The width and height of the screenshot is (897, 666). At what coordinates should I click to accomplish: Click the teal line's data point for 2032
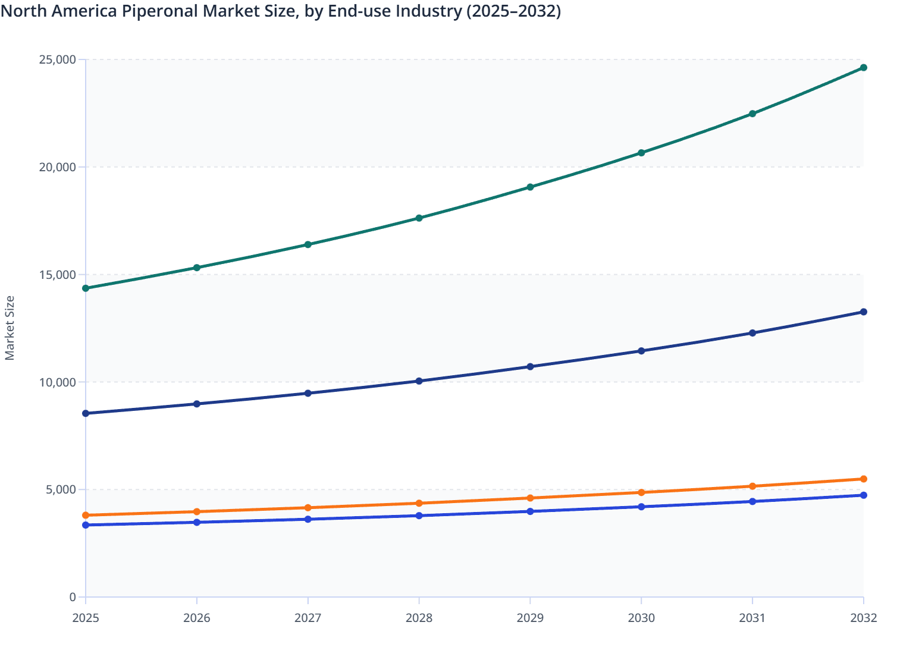(x=863, y=68)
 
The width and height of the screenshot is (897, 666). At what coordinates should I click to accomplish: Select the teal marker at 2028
(x=419, y=218)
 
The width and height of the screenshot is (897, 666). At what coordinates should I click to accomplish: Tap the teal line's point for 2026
(x=197, y=268)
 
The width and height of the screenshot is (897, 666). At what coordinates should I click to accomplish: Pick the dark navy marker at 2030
(x=641, y=351)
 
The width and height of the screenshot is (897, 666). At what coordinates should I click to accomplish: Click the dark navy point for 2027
(x=308, y=393)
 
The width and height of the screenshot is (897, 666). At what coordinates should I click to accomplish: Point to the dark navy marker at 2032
(x=863, y=312)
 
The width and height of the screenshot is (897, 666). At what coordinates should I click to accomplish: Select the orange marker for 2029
(x=530, y=498)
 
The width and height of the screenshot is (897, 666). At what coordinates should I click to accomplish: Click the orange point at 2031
(x=752, y=486)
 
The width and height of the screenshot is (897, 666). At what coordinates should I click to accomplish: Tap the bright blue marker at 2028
(x=419, y=516)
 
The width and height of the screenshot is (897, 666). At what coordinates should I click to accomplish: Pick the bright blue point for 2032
(x=863, y=495)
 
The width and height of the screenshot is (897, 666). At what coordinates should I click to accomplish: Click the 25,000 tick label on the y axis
(x=58, y=59)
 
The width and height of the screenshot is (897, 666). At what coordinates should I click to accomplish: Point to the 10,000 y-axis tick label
(x=58, y=382)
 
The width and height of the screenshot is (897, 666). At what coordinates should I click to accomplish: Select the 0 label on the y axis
(x=73, y=597)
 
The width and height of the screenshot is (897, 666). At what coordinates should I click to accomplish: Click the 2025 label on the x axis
(x=86, y=618)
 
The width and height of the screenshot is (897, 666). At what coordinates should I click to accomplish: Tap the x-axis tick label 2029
(x=530, y=618)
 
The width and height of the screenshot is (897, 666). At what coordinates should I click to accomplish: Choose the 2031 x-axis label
(x=752, y=618)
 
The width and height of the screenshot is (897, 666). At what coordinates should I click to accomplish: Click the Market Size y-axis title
(x=10, y=328)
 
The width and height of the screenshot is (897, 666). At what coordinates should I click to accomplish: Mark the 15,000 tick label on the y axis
(x=58, y=275)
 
